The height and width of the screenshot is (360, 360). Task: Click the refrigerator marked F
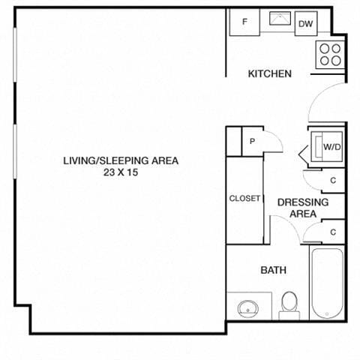245,22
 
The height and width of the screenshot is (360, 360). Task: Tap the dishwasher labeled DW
305,24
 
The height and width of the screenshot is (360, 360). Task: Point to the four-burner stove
331,53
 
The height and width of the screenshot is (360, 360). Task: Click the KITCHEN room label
270,73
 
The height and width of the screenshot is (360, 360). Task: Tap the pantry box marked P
252,140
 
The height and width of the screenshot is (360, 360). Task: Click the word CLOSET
244,199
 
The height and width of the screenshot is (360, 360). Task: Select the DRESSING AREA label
303,208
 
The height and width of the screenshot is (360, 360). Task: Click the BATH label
271,270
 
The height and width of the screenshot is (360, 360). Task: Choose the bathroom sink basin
247,308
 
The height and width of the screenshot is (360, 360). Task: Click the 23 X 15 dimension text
121,172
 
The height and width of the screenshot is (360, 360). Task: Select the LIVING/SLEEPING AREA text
121,160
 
